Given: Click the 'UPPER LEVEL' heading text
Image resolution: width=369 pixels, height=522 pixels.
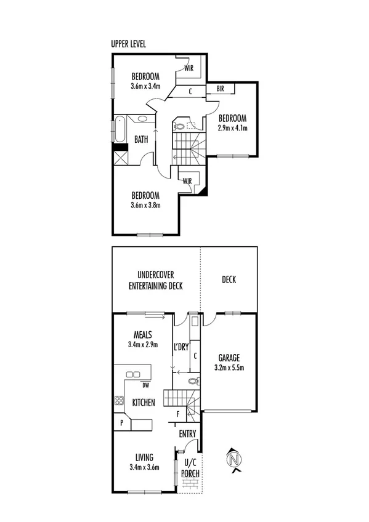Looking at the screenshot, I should [128, 44].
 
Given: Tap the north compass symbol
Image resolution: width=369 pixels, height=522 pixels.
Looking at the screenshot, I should [233, 459].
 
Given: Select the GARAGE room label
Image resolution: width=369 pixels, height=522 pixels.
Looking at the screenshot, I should [229, 357].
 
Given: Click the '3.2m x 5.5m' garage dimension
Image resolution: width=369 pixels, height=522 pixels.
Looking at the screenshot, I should [229, 368].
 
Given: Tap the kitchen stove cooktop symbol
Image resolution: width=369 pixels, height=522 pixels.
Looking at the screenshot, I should [118, 401].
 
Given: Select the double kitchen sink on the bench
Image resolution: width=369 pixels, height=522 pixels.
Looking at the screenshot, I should [132, 374].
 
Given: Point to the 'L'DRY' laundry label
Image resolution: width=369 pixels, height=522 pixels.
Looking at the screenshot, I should [180, 348].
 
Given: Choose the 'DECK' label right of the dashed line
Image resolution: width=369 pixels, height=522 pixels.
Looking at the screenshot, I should [229, 279].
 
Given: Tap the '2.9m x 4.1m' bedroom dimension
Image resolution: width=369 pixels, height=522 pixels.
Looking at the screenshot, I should [232, 129].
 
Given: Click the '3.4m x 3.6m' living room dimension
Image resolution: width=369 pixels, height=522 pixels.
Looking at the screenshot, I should [145, 467].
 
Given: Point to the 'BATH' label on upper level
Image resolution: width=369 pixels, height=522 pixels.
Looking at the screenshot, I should [141, 140].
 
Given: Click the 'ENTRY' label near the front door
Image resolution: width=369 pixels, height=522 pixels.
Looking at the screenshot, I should [187, 434].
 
